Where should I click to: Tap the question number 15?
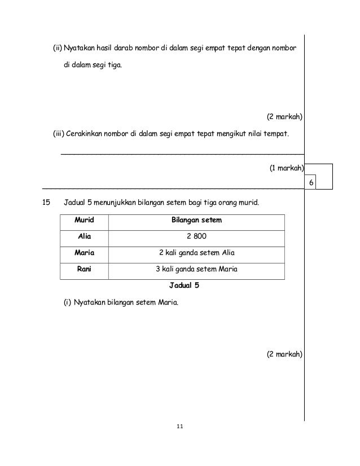[47, 201]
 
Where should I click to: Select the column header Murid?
[84, 221]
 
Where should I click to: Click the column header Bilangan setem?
[196, 221]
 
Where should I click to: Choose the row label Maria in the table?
[84, 253]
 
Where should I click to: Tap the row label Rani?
[84, 269]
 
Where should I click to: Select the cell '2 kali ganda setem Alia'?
[196, 253]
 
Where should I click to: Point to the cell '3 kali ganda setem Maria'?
[196, 269]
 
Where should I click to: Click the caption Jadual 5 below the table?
[181, 285]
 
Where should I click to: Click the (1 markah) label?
[286, 168]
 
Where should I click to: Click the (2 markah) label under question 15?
[284, 354]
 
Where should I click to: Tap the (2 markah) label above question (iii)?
[284, 117]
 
